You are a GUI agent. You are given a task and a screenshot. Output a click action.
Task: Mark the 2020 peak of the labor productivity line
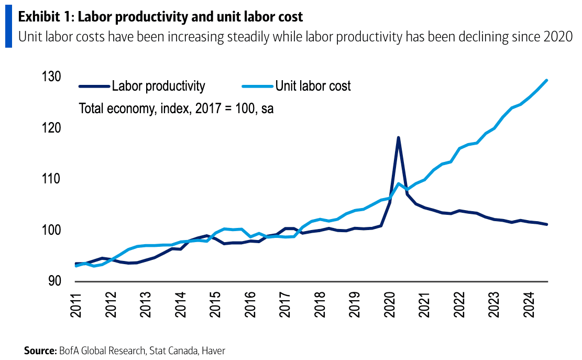click(398, 137)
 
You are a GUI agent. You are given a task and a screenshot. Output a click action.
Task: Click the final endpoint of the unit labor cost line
click(547, 80)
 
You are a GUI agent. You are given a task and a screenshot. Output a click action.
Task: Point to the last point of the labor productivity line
click(547, 224)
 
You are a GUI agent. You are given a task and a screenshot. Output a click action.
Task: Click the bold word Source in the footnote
click(39, 351)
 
